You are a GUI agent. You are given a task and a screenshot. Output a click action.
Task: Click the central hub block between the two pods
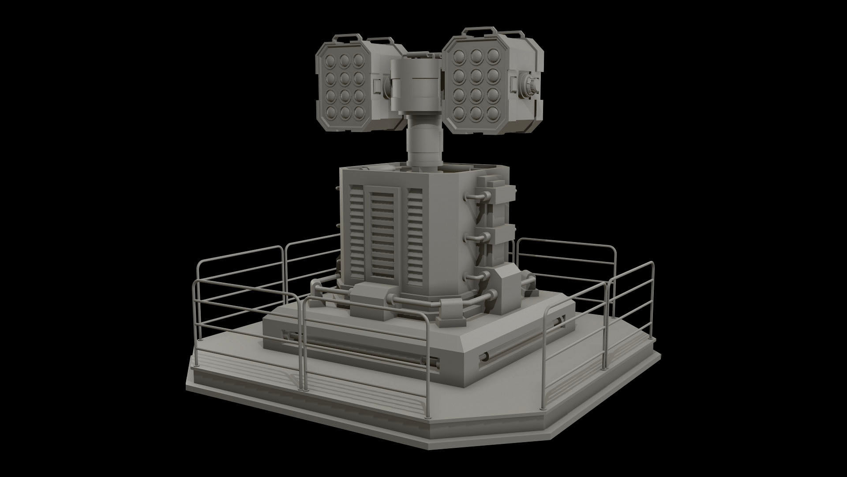416,84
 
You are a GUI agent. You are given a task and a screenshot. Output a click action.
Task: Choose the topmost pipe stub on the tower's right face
474,196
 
